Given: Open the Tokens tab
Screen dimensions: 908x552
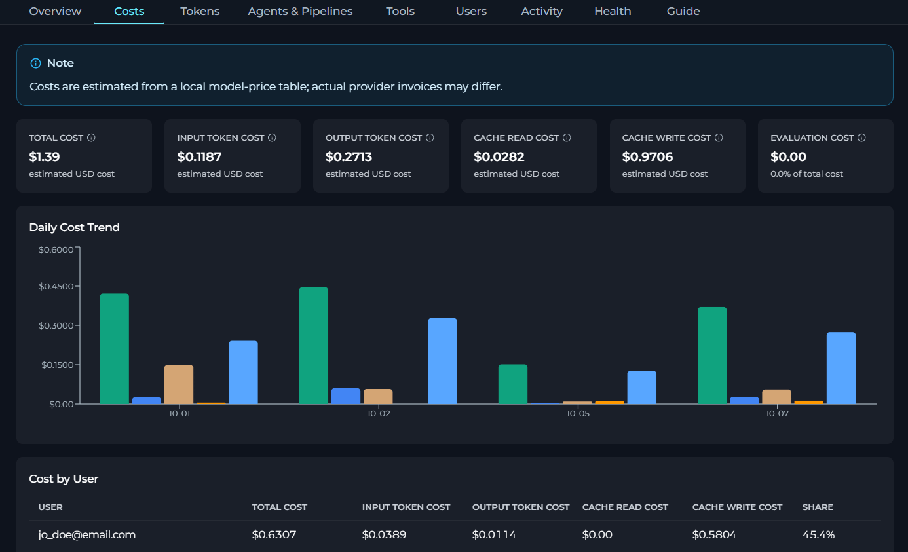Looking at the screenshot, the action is tap(200, 11).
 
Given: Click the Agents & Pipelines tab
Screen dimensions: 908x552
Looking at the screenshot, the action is tap(300, 11).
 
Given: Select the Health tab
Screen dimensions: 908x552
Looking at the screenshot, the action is tap(613, 11).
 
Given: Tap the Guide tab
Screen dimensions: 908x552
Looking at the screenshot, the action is tap(683, 11).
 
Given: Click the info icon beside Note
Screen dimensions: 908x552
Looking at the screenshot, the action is tap(35, 64).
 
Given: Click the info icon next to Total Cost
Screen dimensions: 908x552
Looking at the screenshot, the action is tap(91, 138).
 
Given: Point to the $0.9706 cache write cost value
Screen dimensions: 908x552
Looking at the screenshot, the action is tap(647, 156).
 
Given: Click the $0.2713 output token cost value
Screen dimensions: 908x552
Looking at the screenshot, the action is tap(349, 156).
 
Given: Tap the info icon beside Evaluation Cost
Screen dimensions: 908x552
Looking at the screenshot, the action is tap(861, 138).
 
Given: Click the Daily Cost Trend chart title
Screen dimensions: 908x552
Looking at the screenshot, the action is tap(74, 227).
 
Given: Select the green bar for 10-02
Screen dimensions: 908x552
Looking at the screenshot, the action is tap(314, 346).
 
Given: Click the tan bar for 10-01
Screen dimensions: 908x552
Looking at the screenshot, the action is tap(179, 384).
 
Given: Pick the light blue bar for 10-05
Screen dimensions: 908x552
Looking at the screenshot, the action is tap(641, 388).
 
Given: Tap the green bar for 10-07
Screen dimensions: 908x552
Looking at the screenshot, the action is tap(712, 356).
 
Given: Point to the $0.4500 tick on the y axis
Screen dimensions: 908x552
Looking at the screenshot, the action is tap(56, 287).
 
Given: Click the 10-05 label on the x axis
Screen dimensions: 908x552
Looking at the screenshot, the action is tap(578, 414).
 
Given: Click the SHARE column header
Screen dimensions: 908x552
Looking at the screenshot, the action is tap(818, 507).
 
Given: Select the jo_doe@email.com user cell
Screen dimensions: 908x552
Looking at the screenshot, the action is tap(86, 534).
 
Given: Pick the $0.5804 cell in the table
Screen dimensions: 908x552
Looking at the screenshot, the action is tap(714, 534).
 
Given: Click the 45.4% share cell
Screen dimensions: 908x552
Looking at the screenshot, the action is tap(818, 534).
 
